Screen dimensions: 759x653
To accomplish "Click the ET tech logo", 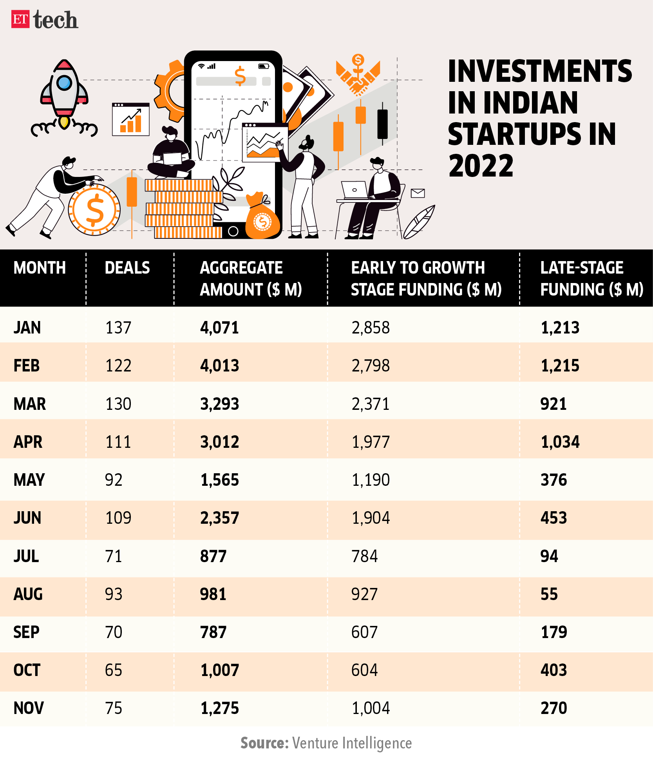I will click(x=45, y=20).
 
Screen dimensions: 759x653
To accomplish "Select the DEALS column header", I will click(x=127, y=268).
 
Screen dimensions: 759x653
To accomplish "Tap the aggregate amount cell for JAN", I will click(x=219, y=328).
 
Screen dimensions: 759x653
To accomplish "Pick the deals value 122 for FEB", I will click(x=118, y=366).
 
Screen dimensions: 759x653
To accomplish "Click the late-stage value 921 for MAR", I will click(x=554, y=404).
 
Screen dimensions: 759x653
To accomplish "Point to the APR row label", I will click(x=28, y=442).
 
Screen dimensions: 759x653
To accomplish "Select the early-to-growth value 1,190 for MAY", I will click(x=371, y=480).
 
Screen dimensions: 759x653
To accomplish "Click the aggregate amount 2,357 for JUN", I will click(x=219, y=518).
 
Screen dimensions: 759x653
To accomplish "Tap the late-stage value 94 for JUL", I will click(x=549, y=556).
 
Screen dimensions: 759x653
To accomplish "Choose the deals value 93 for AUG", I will click(x=114, y=594).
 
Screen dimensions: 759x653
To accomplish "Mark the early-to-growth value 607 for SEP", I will click(x=364, y=632).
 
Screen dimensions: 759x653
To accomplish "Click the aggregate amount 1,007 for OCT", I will click(x=219, y=670).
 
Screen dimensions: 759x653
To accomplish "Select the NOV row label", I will click(x=29, y=708).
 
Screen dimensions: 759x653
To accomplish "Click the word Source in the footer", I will click(x=264, y=743).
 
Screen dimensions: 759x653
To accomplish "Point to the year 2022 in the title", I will click(x=481, y=166).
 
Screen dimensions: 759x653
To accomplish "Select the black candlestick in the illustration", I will click(x=382, y=124).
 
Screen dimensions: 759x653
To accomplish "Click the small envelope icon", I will click(x=418, y=193).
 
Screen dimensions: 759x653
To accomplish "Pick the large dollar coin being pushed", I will click(x=94, y=210).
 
